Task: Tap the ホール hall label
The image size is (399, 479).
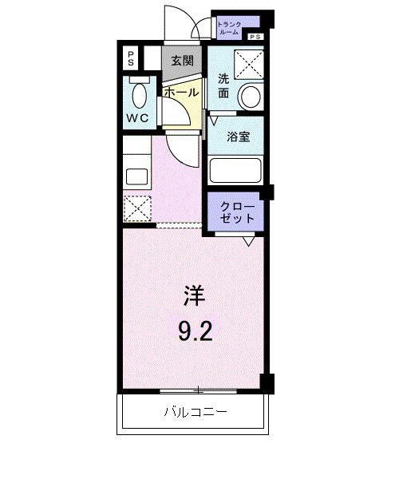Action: click(x=181, y=93)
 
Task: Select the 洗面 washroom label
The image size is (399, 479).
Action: click(x=223, y=86)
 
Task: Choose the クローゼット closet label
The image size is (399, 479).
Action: click(x=237, y=212)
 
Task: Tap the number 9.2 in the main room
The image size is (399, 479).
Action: click(x=194, y=330)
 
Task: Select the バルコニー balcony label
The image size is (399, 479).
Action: click(x=196, y=413)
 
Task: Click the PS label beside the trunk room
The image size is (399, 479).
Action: click(x=256, y=38)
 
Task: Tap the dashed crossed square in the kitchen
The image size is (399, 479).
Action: click(x=136, y=209)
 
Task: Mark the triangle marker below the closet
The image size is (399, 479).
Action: click(x=250, y=240)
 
